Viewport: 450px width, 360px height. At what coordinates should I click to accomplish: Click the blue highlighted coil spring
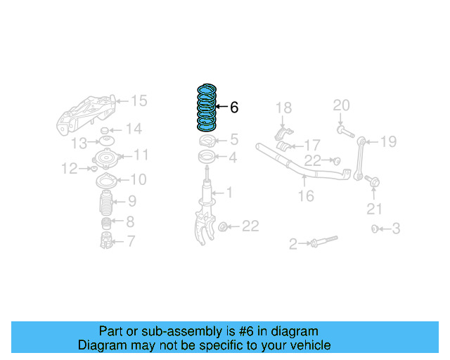click(x=206, y=108)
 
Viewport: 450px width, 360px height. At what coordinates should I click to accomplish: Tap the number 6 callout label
click(x=234, y=108)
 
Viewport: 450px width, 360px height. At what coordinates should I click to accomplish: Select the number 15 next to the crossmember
click(x=139, y=101)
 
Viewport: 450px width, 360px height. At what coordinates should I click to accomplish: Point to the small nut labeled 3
click(x=375, y=229)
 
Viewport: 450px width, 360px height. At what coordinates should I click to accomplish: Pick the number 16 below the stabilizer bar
click(x=306, y=196)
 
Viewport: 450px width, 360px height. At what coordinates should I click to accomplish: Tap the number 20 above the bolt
click(x=341, y=106)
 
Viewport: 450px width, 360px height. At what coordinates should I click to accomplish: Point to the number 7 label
click(x=130, y=242)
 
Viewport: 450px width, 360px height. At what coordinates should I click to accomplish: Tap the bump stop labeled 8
click(x=105, y=224)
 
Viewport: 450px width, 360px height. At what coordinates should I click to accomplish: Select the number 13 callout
click(x=80, y=143)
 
